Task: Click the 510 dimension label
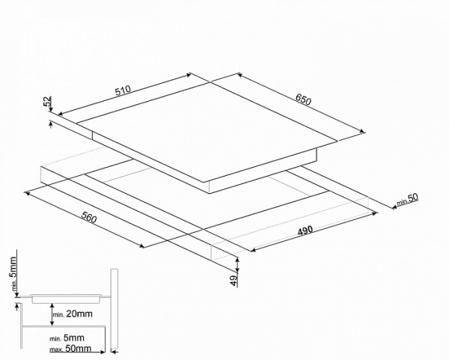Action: (x=123, y=91)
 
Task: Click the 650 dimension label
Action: (x=303, y=100)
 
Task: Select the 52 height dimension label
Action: (x=48, y=101)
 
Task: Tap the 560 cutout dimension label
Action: (x=89, y=217)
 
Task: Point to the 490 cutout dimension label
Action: (x=305, y=231)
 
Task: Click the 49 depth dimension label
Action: (x=234, y=281)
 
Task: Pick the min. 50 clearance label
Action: (x=407, y=200)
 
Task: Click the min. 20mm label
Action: (x=73, y=314)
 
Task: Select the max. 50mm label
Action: (x=70, y=349)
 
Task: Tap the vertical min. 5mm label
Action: (x=13, y=274)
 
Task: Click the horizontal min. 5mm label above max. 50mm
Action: (x=67, y=338)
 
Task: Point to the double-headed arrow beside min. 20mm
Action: (x=52, y=314)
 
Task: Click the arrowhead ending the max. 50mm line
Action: (x=103, y=352)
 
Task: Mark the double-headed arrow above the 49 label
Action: (x=237, y=265)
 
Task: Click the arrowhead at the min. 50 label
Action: (x=394, y=207)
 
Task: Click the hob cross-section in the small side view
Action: (x=66, y=299)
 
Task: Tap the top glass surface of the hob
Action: (x=207, y=132)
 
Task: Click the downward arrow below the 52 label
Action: (x=51, y=108)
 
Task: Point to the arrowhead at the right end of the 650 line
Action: (x=363, y=132)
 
